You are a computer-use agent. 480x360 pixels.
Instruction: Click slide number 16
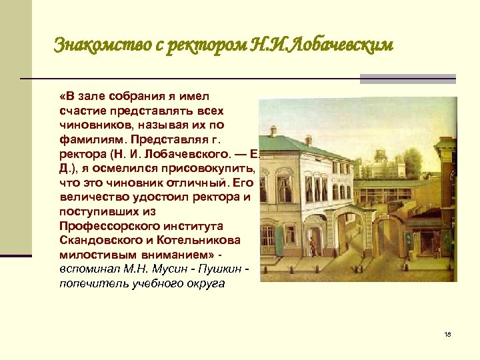click(x=446, y=335)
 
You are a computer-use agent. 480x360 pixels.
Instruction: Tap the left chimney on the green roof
click(x=273, y=131)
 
